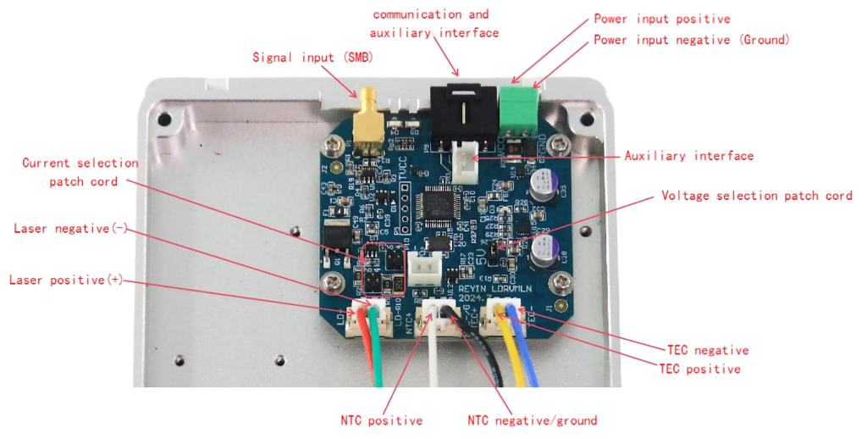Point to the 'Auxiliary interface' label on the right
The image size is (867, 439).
click(688, 156)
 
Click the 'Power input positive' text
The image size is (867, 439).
click(661, 19)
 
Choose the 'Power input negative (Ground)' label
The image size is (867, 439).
click(692, 40)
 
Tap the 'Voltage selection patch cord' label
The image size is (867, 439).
click(756, 196)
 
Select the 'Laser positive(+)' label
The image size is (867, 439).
click(67, 280)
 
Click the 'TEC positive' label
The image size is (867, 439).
click(701, 369)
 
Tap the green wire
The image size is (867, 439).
click(376, 356)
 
